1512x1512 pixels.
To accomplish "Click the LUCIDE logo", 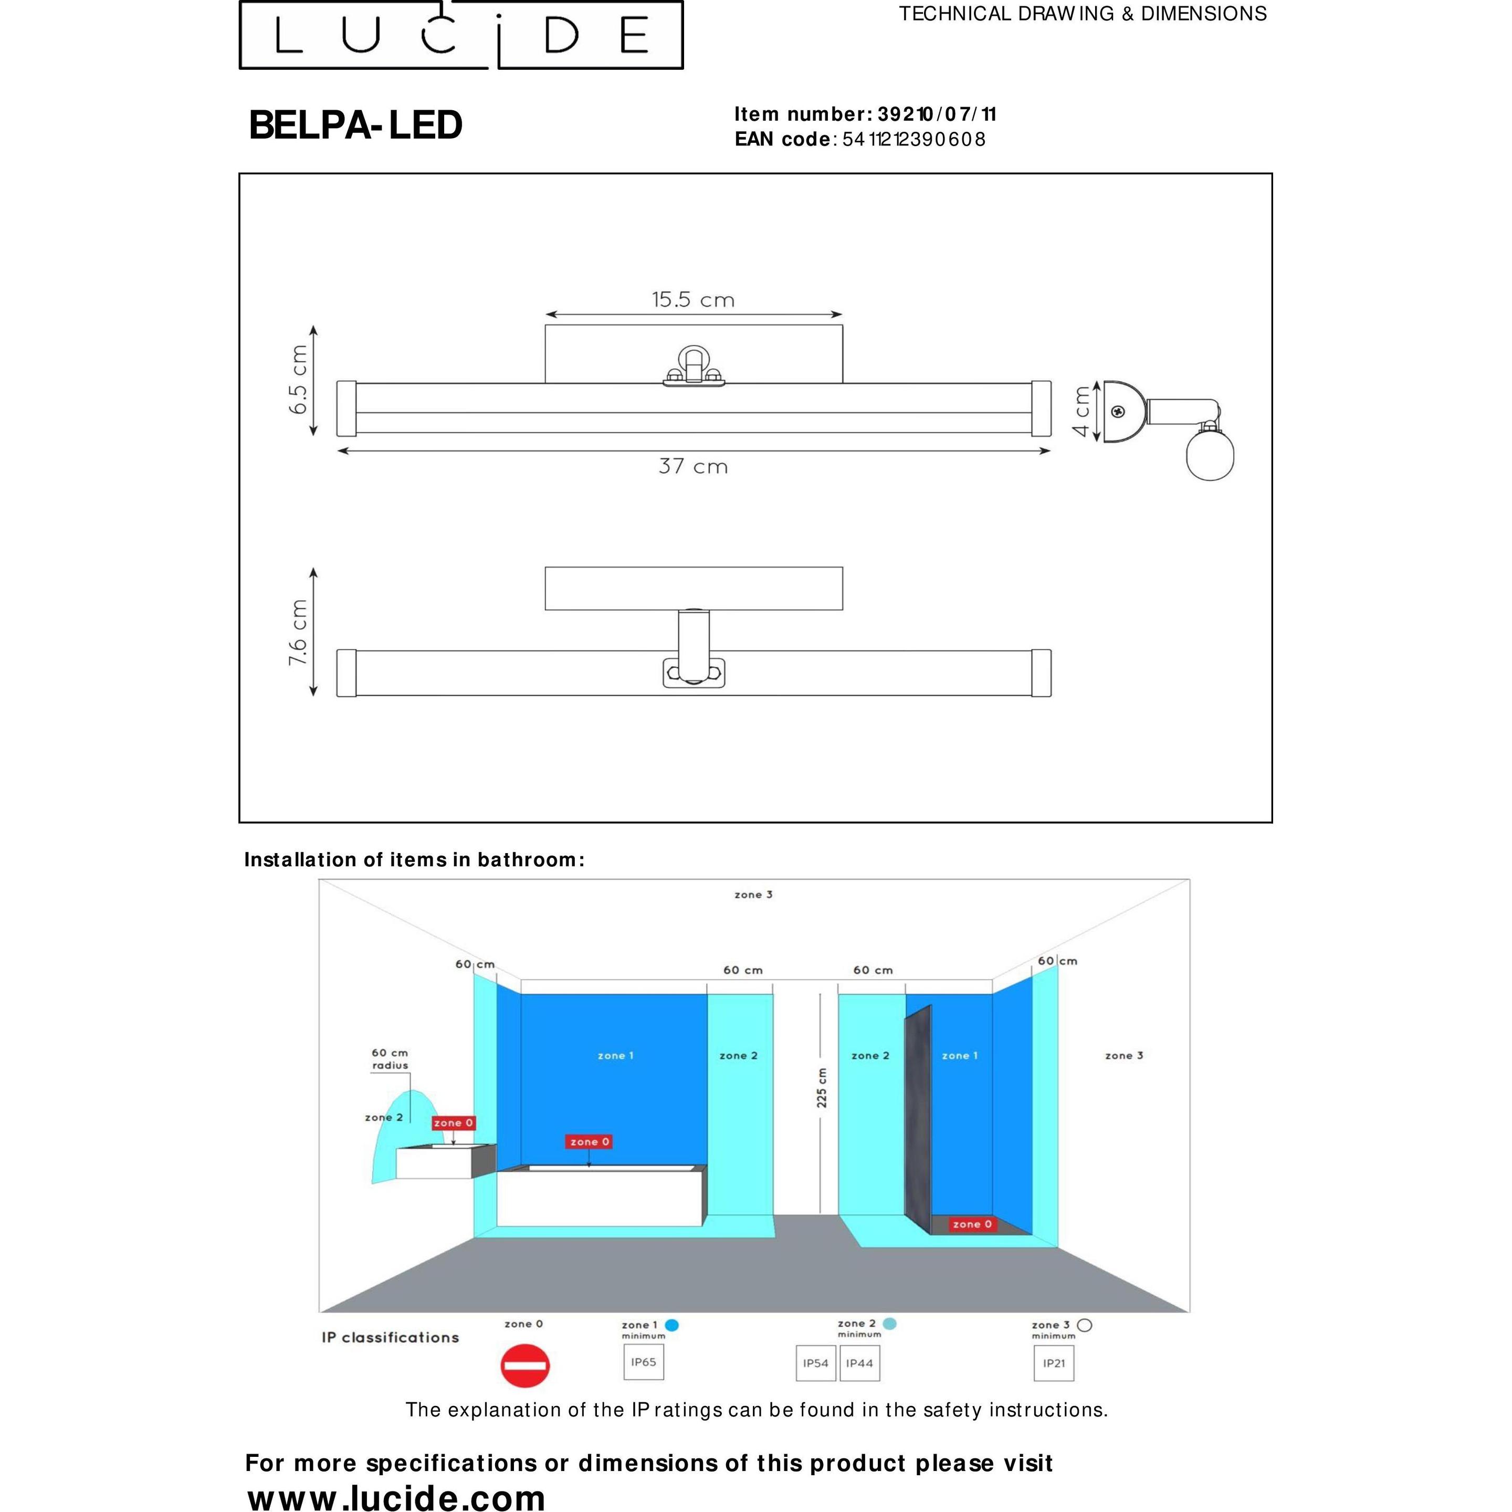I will pos(461,35).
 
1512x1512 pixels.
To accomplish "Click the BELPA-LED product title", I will pos(355,125).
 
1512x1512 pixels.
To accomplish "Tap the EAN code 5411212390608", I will pos(913,139).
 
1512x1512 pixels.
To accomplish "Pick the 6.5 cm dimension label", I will pos(298,380).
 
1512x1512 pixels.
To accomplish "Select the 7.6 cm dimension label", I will pos(298,632).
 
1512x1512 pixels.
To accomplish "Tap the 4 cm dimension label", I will pos(1081,412).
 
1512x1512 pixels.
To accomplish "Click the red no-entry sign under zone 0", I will pos(524,1366).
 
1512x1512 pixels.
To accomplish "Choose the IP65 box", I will pos(643,1362).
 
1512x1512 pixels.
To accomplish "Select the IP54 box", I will pos(815,1363).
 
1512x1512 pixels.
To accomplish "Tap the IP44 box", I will pos(859,1363).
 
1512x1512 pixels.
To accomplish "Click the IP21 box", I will pos(1053,1363).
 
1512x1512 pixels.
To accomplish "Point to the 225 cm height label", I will pos(821,1087).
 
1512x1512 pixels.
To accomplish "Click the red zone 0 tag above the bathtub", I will pos(589,1142).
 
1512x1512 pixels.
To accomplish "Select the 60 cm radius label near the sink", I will pos(390,1059).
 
